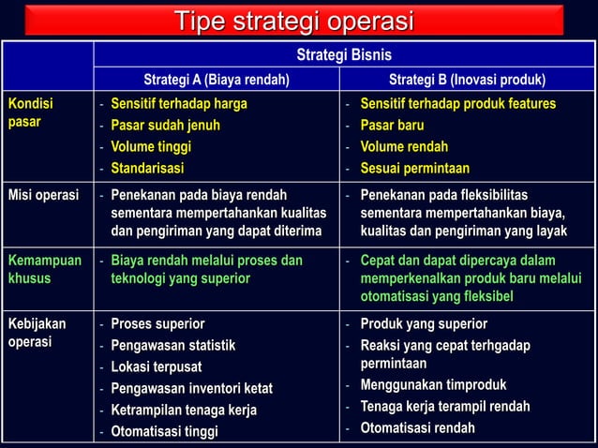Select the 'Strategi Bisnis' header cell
point(343,55)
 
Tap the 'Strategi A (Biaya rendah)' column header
point(216,79)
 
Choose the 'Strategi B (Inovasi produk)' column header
point(468,79)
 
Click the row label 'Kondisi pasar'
point(32,113)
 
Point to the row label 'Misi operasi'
point(43,195)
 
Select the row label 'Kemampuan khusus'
point(45,269)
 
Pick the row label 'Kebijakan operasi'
point(37,333)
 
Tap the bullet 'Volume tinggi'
point(151,146)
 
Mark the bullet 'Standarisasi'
point(147,169)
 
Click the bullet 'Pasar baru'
point(393,125)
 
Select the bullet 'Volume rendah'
point(405,146)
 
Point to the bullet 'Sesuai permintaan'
point(415,169)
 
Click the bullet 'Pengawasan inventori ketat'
point(191,388)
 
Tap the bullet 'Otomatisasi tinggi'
point(164,431)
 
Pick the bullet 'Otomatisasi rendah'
point(418,427)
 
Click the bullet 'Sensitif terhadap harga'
point(179,103)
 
